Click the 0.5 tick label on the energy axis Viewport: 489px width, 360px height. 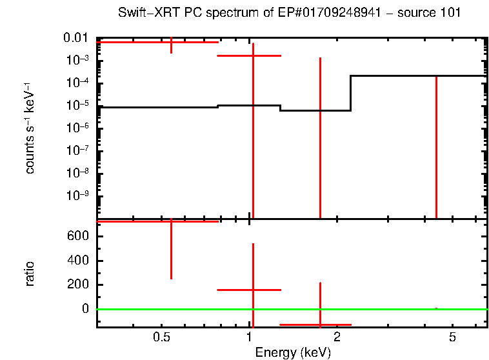click(162, 337)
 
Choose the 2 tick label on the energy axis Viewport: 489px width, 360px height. click(337, 337)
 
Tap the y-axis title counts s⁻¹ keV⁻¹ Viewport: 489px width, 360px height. click(30, 128)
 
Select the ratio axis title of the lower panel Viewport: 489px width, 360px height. click(30, 274)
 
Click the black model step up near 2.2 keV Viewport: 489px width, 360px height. click(350, 93)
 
